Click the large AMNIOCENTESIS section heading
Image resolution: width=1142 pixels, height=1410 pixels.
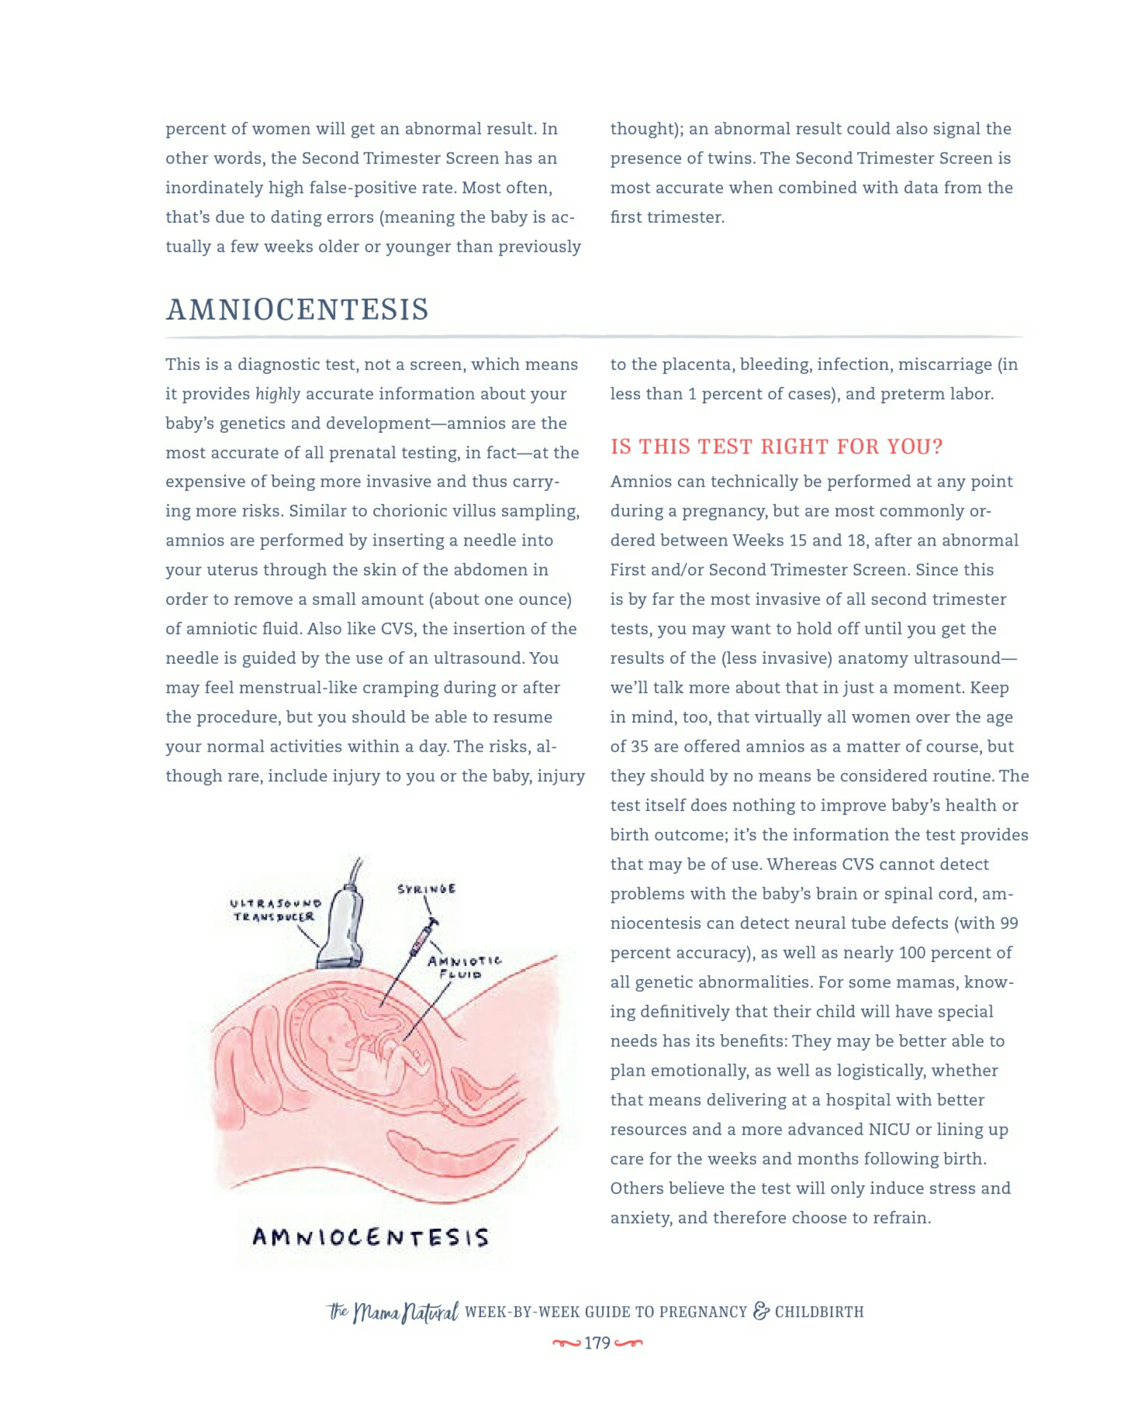(298, 310)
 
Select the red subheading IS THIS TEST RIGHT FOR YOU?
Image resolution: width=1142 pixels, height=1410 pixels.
(776, 447)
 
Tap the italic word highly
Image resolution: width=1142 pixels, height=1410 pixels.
(277, 394)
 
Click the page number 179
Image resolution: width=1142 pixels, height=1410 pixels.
(597, 1343)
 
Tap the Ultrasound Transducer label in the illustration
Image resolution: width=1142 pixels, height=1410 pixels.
(275, 910)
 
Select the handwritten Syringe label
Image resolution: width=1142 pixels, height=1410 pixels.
(426, 889)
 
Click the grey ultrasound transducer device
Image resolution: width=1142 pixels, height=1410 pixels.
(343, 931)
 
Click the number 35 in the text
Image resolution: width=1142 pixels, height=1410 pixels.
(639, 746)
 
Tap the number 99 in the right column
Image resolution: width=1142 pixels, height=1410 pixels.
(1009, 924)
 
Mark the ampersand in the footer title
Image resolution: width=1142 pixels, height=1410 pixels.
(761, 1311)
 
